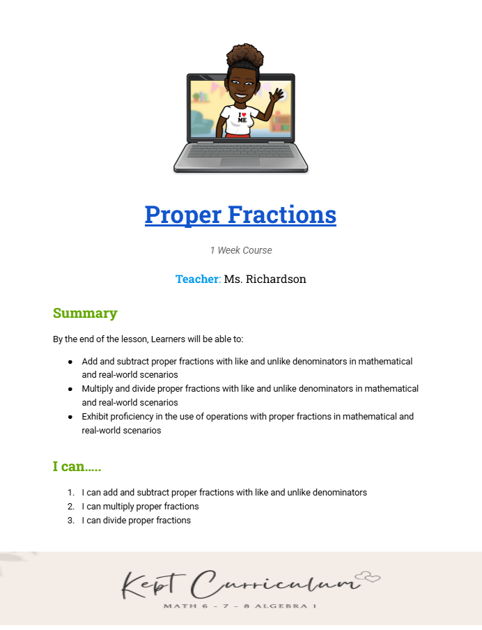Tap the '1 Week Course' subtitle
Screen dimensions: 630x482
pos(241,250)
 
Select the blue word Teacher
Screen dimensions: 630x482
pos(197,279)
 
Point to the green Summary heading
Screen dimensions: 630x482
pos(85,313)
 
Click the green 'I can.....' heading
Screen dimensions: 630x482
pos(77,466)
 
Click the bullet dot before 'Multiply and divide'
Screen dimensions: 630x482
pos(70,389)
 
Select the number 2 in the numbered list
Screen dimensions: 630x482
pos(70,507)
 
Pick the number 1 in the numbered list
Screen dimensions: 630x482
pos(70,493)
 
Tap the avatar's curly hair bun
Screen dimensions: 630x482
pos(241,56)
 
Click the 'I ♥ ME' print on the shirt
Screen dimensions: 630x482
pos(242,117)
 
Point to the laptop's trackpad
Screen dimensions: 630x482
pos(240,162)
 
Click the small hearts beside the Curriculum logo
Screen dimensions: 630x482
pos(368,576)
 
